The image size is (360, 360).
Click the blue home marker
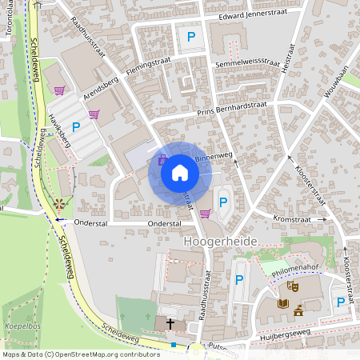point(179,172)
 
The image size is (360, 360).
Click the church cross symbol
point(170,323)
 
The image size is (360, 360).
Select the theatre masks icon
point(292,286)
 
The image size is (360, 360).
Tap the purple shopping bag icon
point(162,158)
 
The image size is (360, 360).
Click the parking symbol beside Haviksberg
point(76,126)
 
